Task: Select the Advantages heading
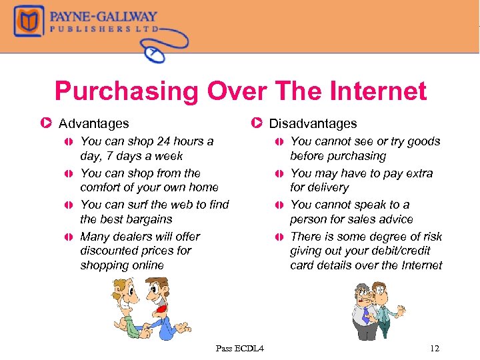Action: pos(94,123)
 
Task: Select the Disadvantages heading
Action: pos(313,123)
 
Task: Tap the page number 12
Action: pos(435,348)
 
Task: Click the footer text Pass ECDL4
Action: pos(240,348)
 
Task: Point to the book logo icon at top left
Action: pos(28,22)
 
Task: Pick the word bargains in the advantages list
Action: pos(145,219)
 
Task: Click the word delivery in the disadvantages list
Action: pos(327,187)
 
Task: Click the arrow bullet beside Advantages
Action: pos(46,123)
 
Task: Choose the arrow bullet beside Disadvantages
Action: pos(257,123)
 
